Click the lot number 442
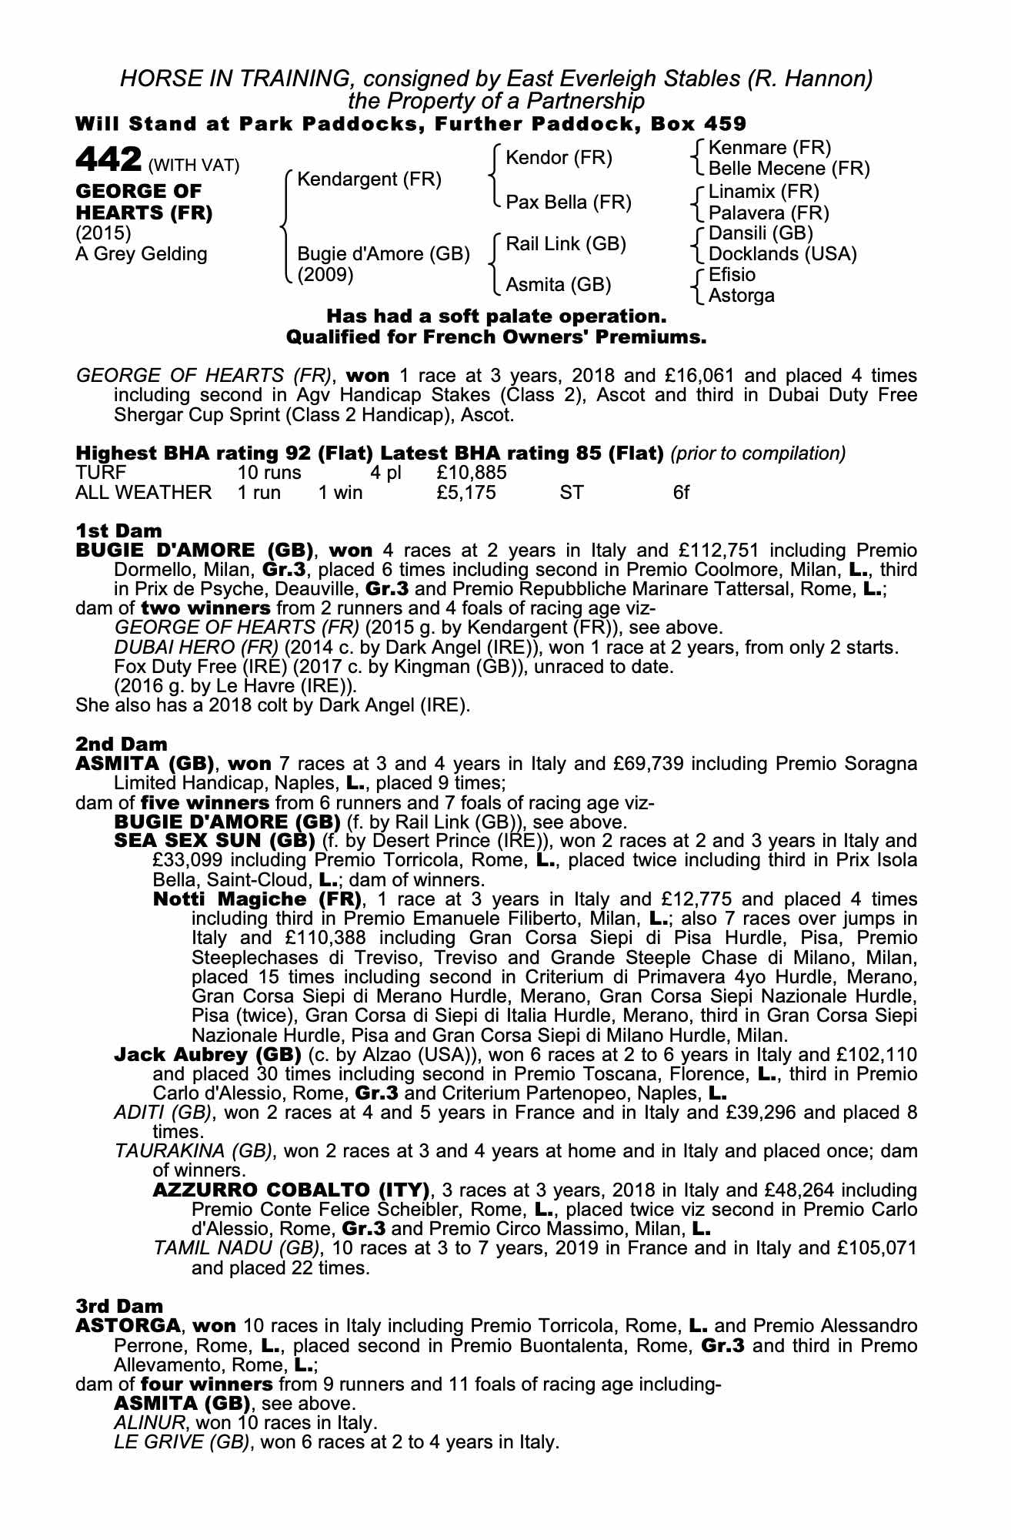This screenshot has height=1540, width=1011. [x=108, y=160]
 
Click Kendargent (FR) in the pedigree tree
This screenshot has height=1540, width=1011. [x=369, y=179]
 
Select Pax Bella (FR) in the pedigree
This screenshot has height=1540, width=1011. [x=568, y=202]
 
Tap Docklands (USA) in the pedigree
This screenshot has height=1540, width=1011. [x=782, y=253]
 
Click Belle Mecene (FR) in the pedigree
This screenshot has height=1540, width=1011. [x=789, y=168]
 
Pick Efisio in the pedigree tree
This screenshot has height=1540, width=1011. [x=732, y=275]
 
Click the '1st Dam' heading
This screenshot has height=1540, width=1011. [x=118, y=531]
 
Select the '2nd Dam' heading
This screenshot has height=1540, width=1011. [x=121, y=744]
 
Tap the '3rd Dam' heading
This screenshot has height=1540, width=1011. [x=120, y=1306]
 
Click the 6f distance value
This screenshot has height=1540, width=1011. [x=681, y=492]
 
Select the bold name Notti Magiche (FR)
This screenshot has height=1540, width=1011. [x=257, y=899]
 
